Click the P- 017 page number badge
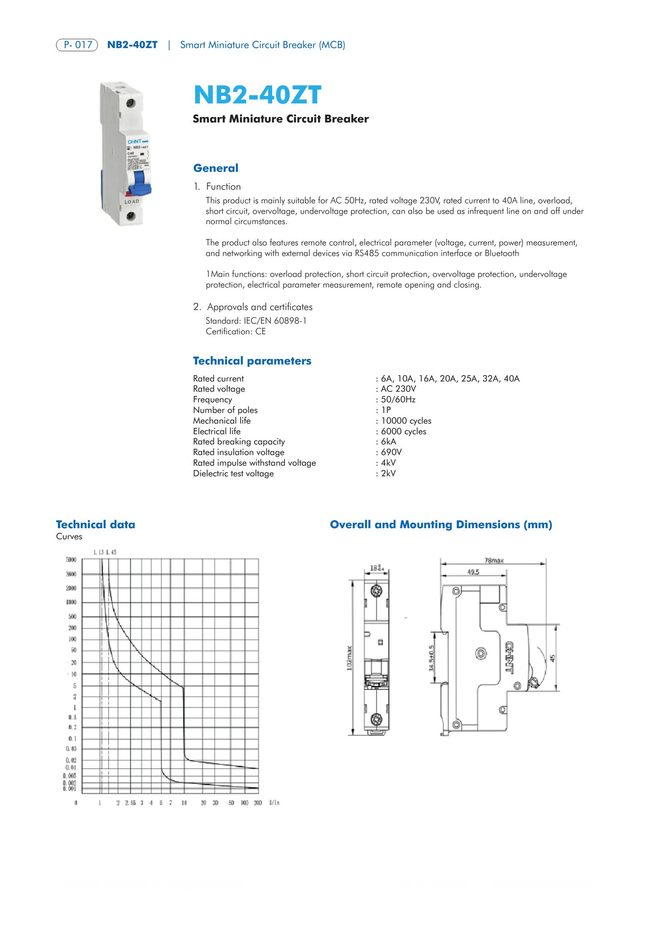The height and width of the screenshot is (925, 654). click(77, 45)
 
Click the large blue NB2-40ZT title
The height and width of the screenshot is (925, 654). click(257, 95)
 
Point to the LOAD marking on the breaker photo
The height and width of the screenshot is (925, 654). click(132, 202)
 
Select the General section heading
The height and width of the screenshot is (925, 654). click(216, 168)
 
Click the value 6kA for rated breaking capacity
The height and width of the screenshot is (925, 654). click(388, 441)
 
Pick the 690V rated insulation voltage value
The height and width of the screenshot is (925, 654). click(391, 452)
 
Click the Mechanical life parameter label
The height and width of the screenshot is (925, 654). click(222, 421)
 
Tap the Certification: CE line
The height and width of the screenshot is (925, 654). click(236, 331)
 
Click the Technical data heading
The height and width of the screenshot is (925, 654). click(95, 524)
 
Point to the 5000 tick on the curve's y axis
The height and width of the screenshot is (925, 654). click(71, 560)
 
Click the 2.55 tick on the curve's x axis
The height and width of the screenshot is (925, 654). click(131, 803)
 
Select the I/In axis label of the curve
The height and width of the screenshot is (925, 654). click(274, 803)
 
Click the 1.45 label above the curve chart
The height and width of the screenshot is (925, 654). click(111, 552)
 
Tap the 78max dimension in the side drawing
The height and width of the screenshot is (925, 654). click(494, 561)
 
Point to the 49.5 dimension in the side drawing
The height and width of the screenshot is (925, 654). click(473, 572)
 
